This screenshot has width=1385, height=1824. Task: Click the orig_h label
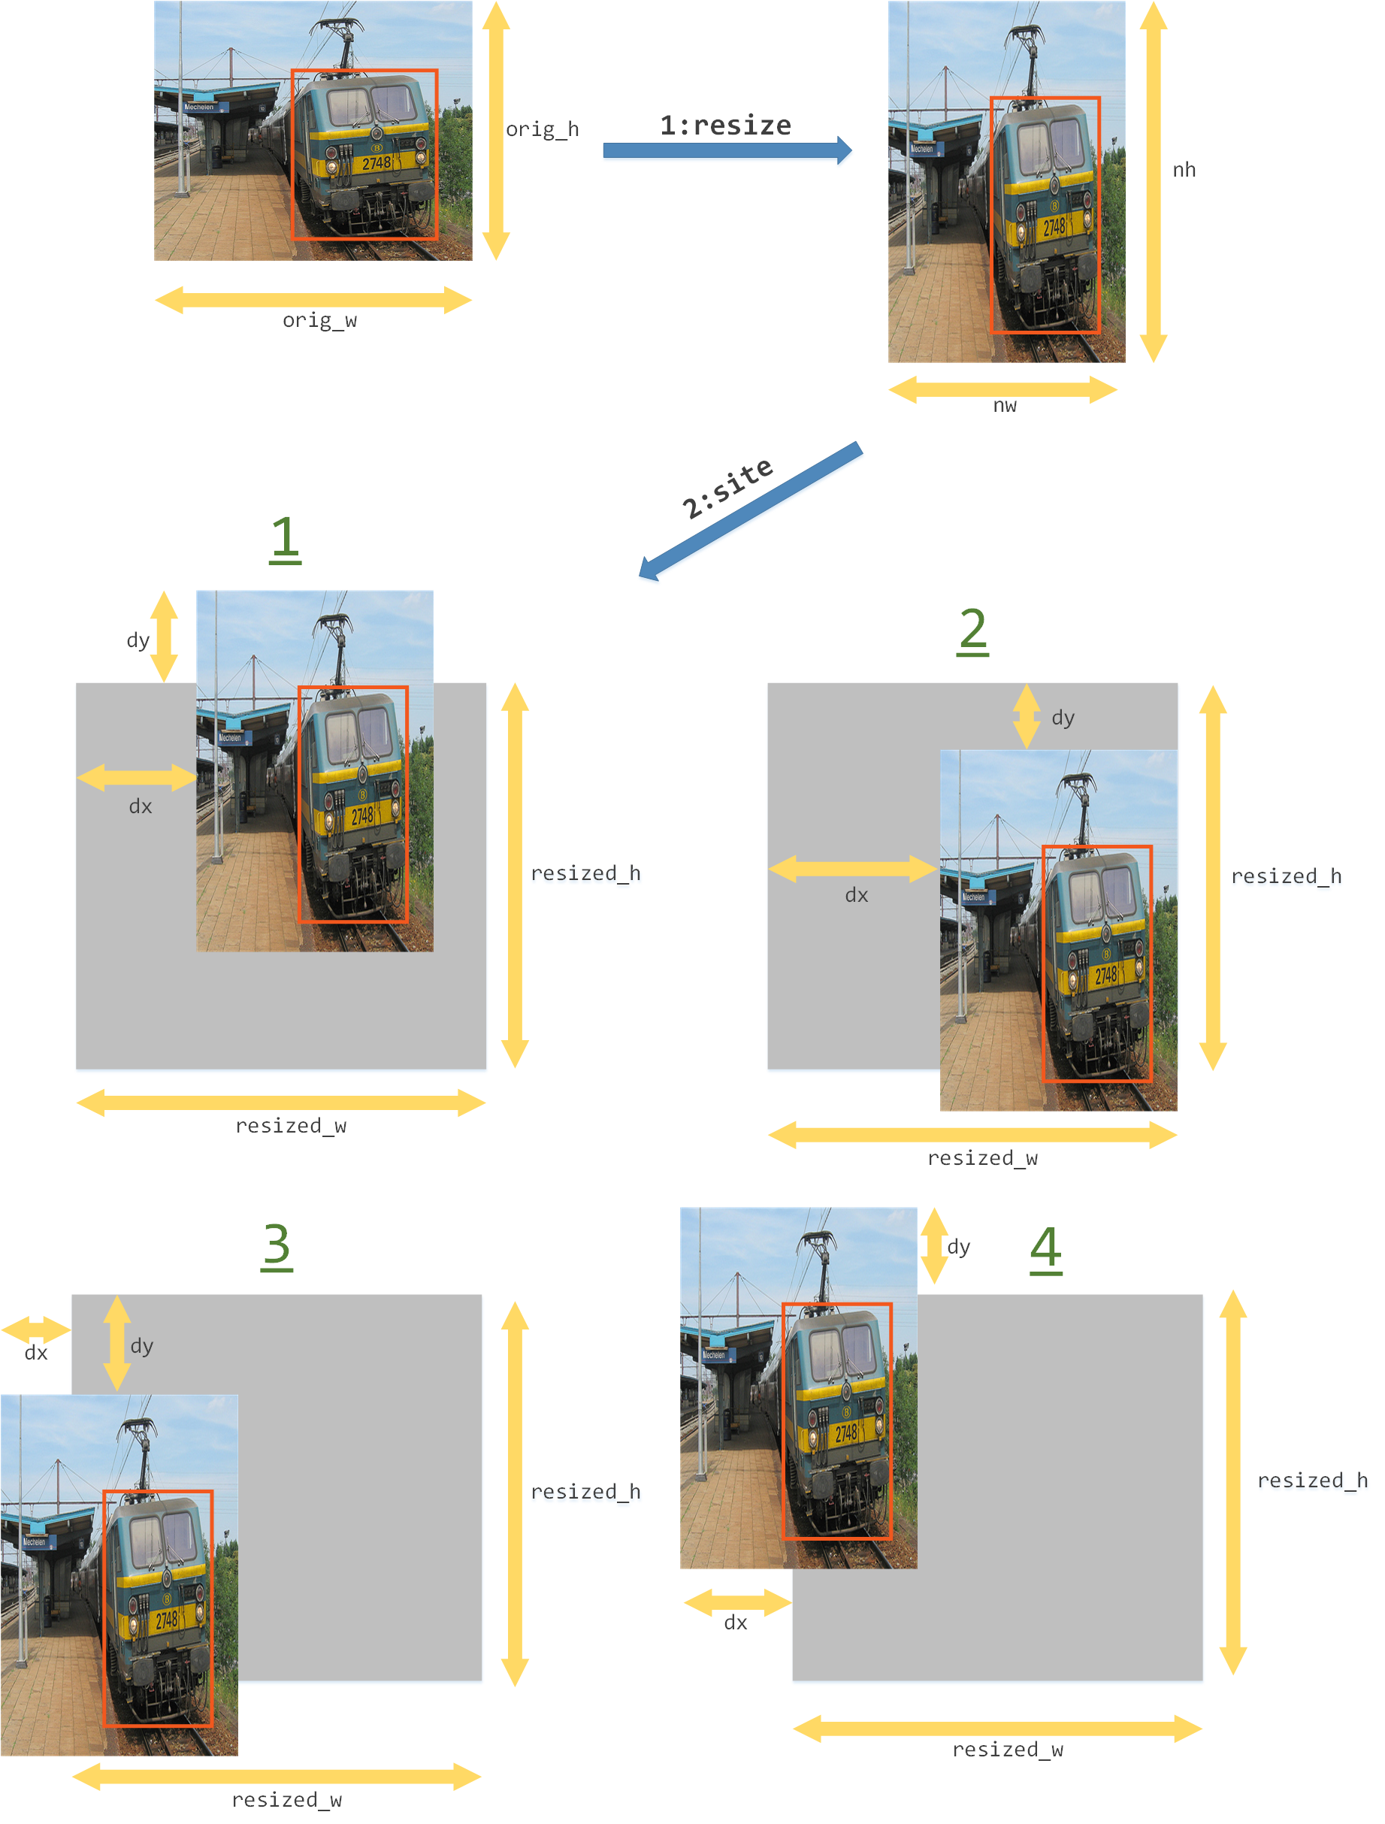click(543, 129)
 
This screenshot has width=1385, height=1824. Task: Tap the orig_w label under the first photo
click(320, 320)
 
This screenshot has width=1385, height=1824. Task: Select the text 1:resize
click(725, 126)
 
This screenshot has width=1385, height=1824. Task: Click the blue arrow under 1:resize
click(728, 150)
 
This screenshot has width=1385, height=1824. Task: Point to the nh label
click(1184, 170)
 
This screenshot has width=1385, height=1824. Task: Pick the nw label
click(1005, 405)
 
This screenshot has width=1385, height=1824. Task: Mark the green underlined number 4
click(1046, 1249)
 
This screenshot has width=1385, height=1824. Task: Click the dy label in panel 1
click(138, 641)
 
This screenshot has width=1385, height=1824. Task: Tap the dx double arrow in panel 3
click(35, 1330)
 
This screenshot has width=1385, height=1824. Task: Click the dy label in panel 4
click(959, 1247)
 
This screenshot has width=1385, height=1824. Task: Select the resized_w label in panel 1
click(291, 1126)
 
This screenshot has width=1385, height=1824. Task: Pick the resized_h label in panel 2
click(1286, 876)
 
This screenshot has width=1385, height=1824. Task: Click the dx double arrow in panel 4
click(738, 1603)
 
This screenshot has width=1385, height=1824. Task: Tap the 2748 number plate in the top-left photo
click(376, 163)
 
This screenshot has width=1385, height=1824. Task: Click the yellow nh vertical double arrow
click(1154, 181)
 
